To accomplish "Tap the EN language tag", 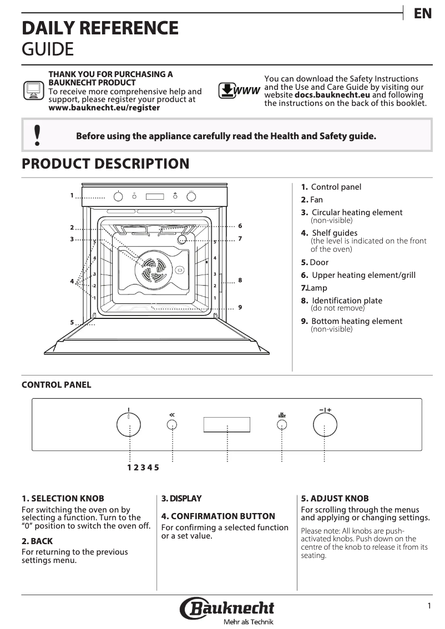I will point(423,14).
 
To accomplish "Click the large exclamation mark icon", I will point(37,135).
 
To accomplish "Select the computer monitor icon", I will point(33,90).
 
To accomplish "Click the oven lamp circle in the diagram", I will point(181,239).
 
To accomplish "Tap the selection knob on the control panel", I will point(129,426).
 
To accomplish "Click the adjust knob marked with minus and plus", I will point(325,426).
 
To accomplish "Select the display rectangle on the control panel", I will point(226,425).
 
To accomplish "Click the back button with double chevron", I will point(173,425).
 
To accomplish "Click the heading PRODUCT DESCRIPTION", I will point(105,164).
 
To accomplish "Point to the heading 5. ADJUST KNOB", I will point(335,499).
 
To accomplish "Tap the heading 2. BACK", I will point(37,541).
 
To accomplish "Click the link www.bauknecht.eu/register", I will point(104,108).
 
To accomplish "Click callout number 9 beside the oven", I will point(240,307).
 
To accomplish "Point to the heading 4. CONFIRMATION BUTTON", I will point(218,516).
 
